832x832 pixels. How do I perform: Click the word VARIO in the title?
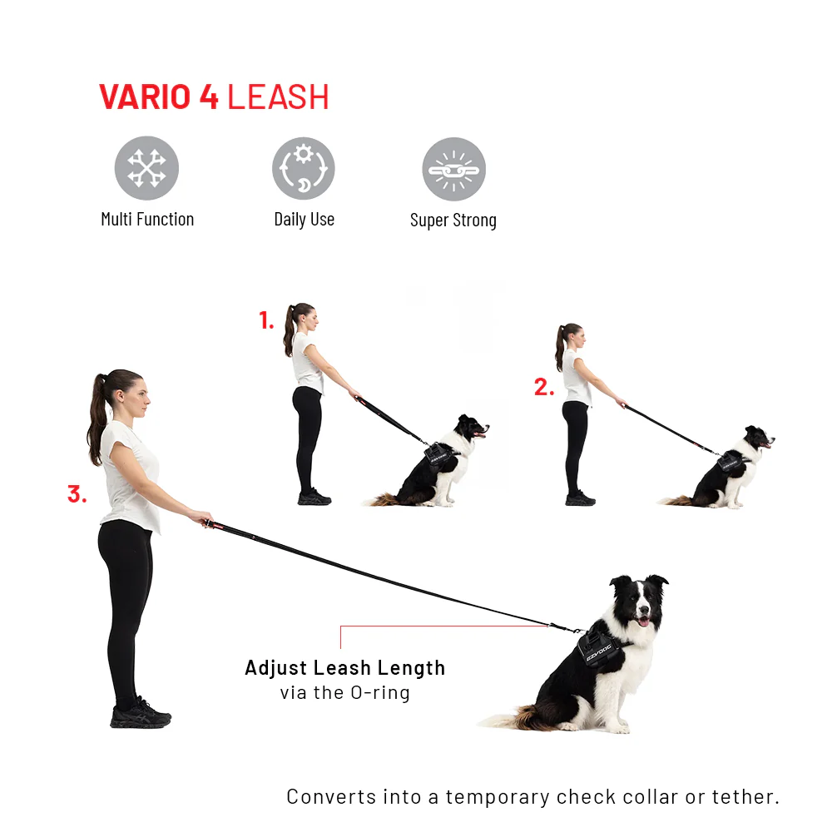tap(145, 97)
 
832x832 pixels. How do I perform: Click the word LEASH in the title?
tap(278, 97)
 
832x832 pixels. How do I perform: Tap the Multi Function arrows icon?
tap(146, 168)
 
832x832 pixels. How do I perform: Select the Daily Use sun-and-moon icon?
tap(304, 168)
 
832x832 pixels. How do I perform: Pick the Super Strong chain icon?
tap(453, 169)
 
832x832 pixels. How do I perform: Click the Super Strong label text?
tap(453, 220)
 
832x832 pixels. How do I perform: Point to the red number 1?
tap(266, 320)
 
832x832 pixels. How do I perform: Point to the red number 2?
tap(544, 387)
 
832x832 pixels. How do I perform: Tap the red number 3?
tap(77, 494)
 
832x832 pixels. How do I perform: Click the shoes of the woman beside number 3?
tap(141, 714)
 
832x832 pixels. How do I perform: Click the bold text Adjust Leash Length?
tap(345, 668)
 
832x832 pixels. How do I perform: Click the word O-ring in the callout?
tap(380, 692)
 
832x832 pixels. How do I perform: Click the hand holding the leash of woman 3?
tap(201, 518)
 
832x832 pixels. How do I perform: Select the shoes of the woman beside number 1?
tap(314, 498)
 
